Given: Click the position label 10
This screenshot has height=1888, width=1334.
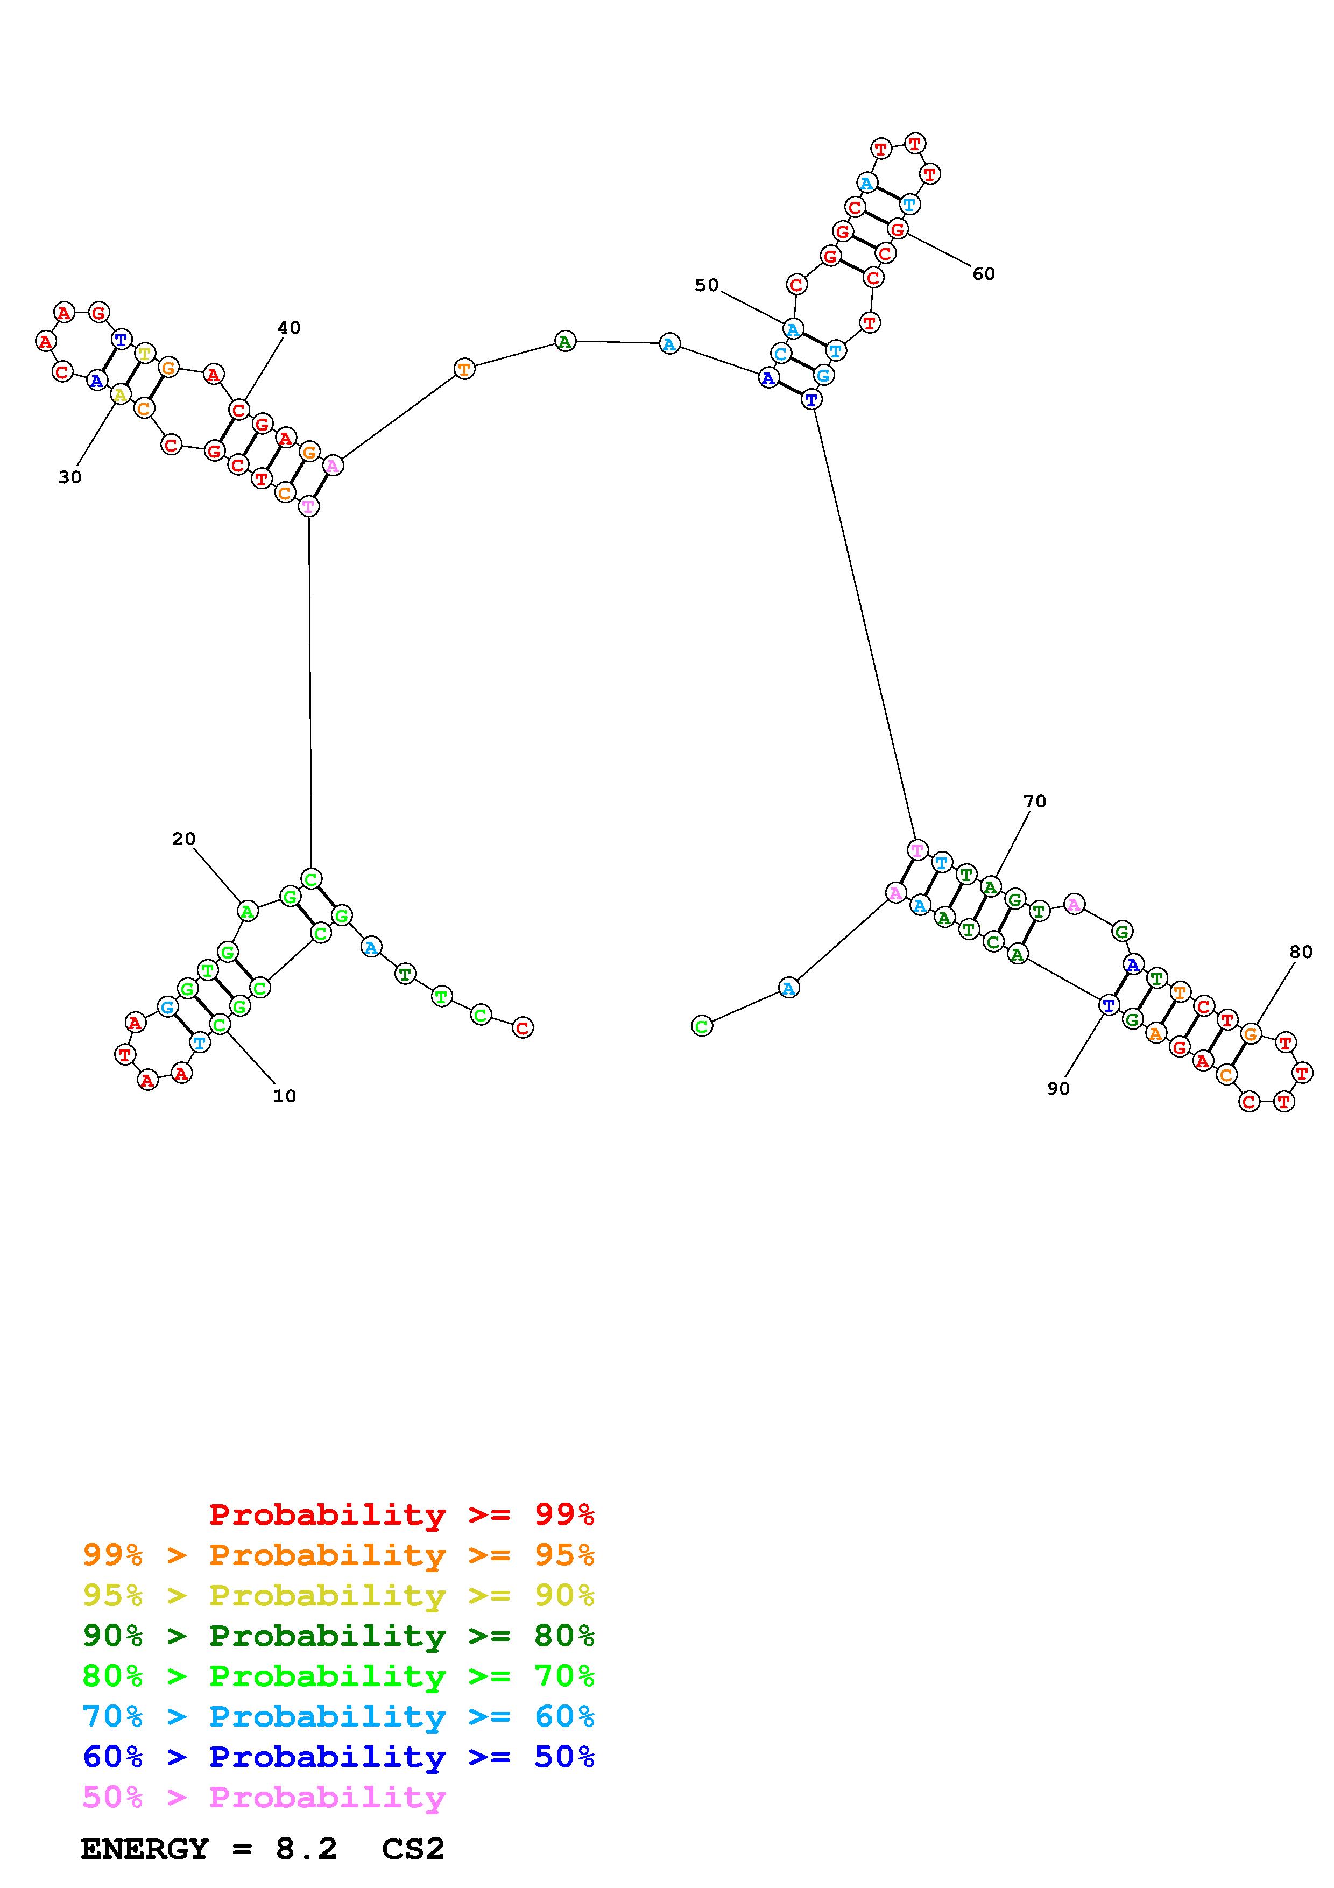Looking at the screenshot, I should pyautogui.click(x=284, y=1096).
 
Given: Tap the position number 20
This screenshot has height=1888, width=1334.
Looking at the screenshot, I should pyautogui.click(x=183, y=839).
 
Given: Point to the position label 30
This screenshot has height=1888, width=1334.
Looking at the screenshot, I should pyautogui.click(x=70, y=477).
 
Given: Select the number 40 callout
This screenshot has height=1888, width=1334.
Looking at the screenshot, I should pyautogui.click(x=288, y=327).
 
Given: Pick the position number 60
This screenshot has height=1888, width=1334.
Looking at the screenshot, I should pyautogui.click(x=983, y=274).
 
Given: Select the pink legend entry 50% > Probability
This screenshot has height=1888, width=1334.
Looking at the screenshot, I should pyautogui.click(x=264, y=1798).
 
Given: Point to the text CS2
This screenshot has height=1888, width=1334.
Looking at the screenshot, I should pyautogui.click(x=413, y=1849).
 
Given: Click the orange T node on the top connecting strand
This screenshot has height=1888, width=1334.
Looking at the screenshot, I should pyautogui.click(x=464, y=369).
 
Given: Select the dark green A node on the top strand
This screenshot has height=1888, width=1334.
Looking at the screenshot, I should pyautogui.click(x=564, y=341).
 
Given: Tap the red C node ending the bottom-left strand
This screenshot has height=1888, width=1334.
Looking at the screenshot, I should pyautogui.click(x=522, y=1027).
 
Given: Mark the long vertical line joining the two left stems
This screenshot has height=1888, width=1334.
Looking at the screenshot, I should pyautogui.click(x=310, y=691).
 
